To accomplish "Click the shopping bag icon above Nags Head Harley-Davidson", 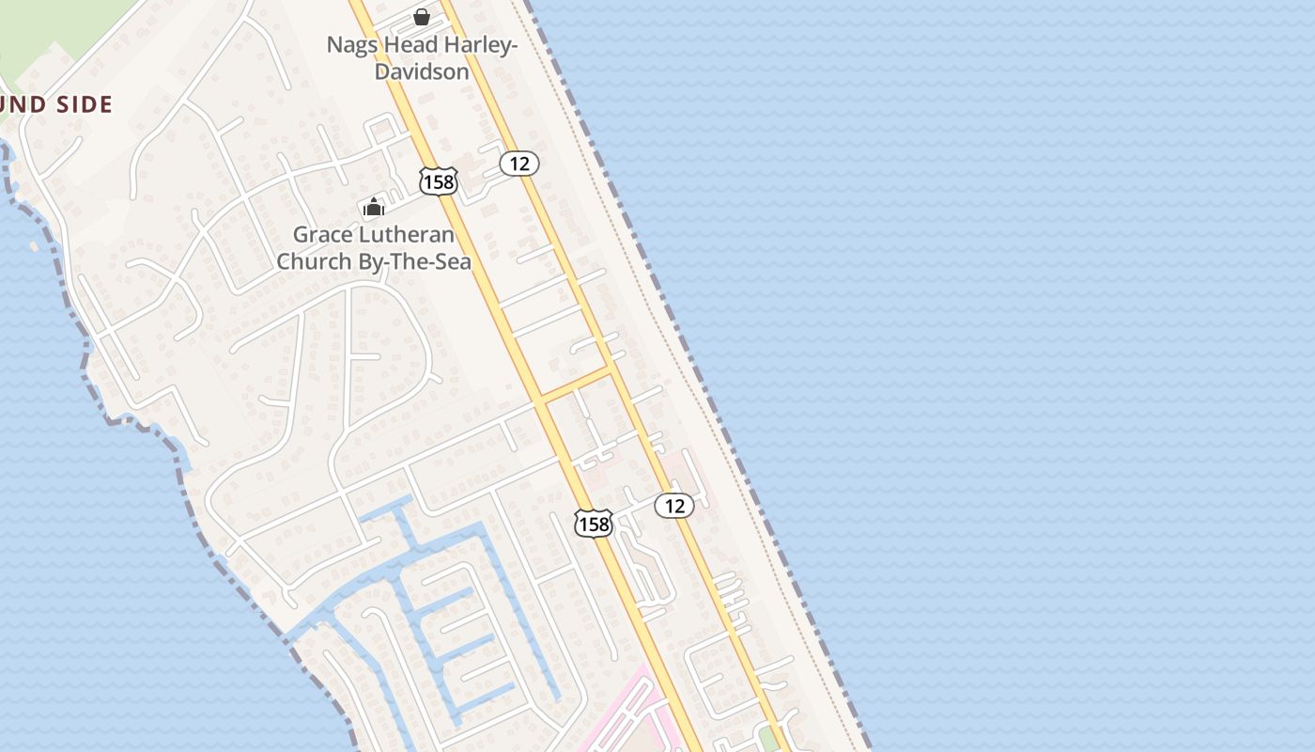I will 422,17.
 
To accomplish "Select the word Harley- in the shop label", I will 479,44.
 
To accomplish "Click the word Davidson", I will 422,71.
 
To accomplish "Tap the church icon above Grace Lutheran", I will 374,208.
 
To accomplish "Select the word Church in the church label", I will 315,261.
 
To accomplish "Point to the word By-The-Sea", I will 415,261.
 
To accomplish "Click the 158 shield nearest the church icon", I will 439,181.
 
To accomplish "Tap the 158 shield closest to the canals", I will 594,523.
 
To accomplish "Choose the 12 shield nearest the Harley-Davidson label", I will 518,164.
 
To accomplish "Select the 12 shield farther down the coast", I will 673,506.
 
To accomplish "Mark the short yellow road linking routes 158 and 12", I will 577,385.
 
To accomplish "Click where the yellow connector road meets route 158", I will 542,401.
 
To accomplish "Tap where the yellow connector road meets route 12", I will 612,369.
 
